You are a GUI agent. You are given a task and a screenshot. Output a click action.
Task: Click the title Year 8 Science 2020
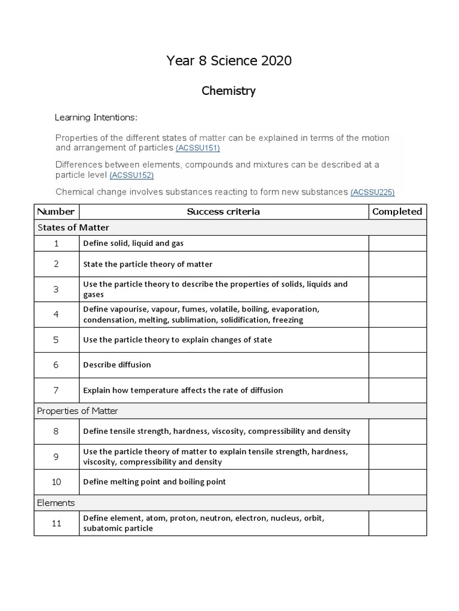coord(229,61)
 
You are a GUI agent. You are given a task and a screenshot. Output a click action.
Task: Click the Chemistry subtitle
coord(229,91)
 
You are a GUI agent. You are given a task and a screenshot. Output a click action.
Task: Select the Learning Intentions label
coord(96,117)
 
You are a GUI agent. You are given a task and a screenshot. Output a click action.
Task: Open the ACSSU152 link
coord(131,175)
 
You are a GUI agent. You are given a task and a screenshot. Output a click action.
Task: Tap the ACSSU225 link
coord(372,192)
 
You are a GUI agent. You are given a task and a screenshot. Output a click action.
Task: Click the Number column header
coord(56,211)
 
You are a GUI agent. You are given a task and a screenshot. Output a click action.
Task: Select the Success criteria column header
coord(224,211)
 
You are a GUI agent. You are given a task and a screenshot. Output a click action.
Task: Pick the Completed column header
coord(397,211)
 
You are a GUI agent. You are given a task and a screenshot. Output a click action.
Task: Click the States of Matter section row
coord(74,227)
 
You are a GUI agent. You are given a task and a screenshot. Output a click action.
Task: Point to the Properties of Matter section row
coord(78,411)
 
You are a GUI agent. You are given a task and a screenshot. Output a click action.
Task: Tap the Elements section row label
coord(56,502)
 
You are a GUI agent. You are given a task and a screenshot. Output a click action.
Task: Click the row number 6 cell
coord(56,365)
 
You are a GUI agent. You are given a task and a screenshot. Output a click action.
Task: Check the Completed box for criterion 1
coord(397,243)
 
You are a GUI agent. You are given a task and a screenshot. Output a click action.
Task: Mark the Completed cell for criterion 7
coord(397,390)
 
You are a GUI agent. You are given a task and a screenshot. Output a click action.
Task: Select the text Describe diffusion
coord(117,365)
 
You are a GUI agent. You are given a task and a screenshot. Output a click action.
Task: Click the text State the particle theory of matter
coord(148,264)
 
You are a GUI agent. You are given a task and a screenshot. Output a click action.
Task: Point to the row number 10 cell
coord(56,482)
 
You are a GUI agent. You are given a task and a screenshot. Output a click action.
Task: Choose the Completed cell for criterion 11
coord(397,523)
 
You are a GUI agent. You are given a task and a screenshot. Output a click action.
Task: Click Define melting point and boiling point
coord(154,482)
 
